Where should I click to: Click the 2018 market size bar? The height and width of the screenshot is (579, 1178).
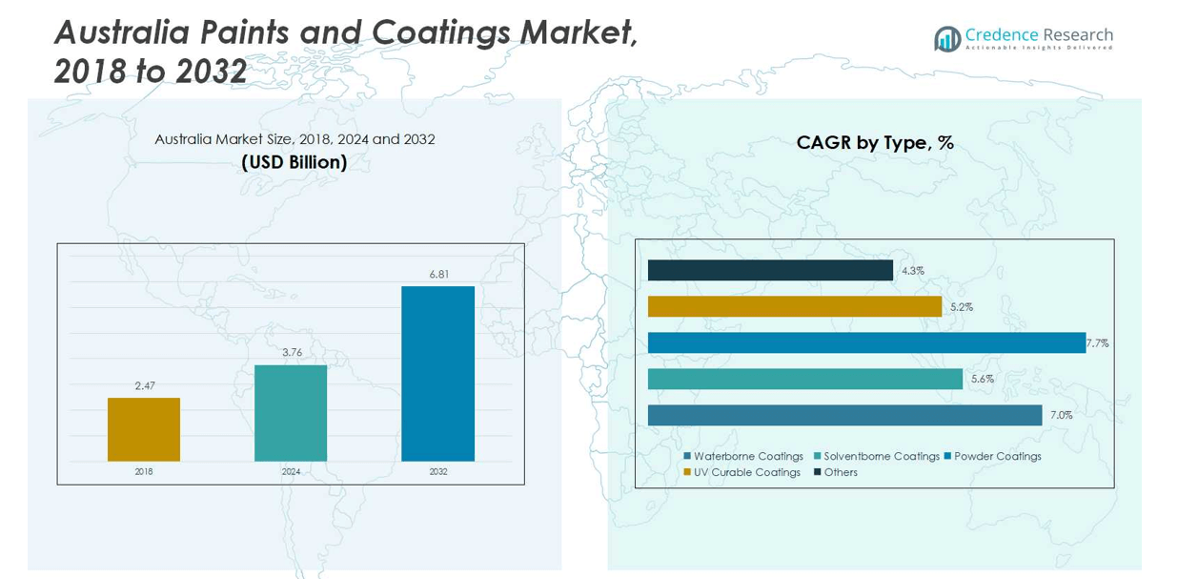point(144,429)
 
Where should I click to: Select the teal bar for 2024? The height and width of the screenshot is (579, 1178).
point(291,413)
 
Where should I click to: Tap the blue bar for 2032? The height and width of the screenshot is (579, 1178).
point(437,373)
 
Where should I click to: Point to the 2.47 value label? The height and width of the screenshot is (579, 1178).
point(145,385)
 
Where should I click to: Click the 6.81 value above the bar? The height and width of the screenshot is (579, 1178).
point(438,274)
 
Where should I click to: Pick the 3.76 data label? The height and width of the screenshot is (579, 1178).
point(292,352)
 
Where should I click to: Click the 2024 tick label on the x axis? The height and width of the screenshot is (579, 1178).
point(291,471)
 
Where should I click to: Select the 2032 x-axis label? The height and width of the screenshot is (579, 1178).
point(437,471)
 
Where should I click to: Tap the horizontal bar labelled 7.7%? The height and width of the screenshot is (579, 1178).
point(866,342)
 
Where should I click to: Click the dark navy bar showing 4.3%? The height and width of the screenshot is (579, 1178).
point(770,271)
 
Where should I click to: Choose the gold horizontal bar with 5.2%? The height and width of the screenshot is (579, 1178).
point(795,306)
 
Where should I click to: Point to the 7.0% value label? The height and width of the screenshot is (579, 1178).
point(1062,415)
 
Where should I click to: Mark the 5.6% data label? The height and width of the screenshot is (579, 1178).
point(982,379)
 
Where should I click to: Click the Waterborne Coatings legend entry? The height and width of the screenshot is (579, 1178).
point(743,456)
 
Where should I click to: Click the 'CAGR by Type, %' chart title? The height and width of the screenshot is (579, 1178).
point(875,143)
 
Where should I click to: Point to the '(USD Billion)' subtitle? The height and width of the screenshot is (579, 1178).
point(294,162)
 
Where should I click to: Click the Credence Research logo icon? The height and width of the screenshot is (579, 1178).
point(947,39)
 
